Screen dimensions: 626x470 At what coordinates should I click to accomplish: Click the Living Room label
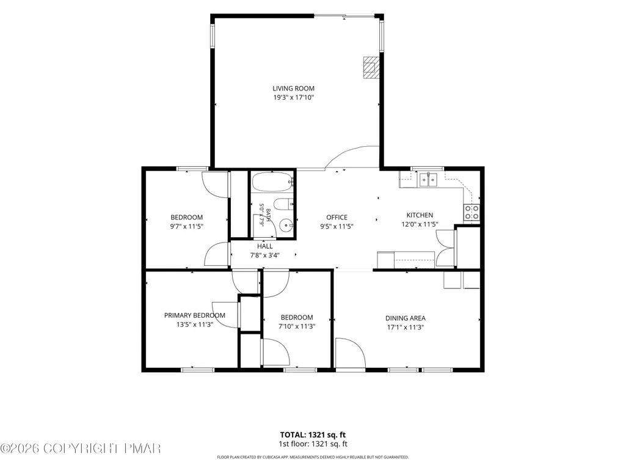click(293, 89)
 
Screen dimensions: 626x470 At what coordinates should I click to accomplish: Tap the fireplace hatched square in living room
click(371, 68)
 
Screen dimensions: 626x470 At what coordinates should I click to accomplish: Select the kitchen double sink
click(428, 180)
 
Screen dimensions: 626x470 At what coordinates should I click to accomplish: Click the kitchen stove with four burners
click(471, 212)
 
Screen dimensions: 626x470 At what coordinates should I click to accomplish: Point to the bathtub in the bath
click(272, 182)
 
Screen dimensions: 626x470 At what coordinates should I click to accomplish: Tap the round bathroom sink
click(286, 226)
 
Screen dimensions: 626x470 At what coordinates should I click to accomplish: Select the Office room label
click(337, 218)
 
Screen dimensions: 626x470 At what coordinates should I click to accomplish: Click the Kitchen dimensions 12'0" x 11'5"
click(420, 224)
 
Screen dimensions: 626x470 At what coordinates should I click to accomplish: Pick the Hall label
click(265, 246)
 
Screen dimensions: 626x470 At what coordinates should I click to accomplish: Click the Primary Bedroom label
click(195, 315)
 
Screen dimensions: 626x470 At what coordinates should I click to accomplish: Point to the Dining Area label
click(406, 318)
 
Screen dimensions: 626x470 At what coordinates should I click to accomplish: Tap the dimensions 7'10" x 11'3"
click(297, 326)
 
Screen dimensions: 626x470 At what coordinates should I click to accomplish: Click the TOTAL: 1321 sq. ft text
click(313, 435)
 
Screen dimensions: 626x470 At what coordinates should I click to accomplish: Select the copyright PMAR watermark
click(81, 449)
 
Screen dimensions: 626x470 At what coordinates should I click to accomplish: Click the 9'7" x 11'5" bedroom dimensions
click(187, 226)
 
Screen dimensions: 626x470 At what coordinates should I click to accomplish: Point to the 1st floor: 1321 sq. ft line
click(313, 444)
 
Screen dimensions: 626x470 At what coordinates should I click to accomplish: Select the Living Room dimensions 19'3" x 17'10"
click(293, 98)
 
